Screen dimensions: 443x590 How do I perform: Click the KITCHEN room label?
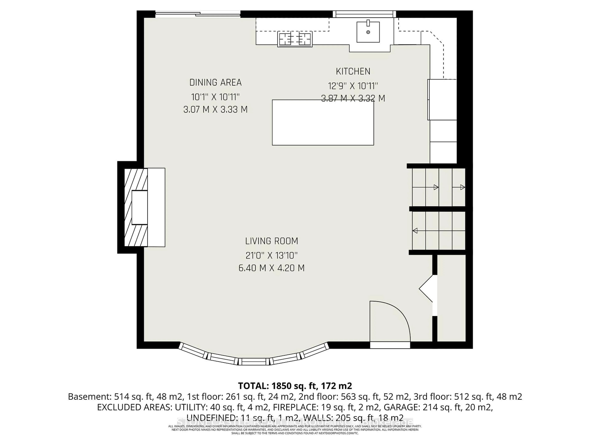click(353, 72)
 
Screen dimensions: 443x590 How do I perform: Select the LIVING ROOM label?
click(271, 241)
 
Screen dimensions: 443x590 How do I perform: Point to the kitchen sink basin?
click(368, 32)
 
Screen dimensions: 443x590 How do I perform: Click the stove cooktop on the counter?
click(295, 39)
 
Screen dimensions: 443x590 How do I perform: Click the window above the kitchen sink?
click(364, 14)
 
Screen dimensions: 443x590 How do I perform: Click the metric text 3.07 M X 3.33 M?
click(216, 110)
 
